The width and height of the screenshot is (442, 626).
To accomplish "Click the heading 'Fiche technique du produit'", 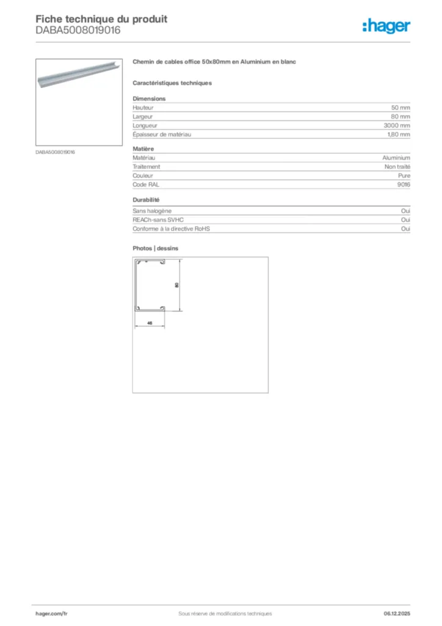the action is (101, 19).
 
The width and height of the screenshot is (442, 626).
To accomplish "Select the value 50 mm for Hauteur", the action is (400, 108).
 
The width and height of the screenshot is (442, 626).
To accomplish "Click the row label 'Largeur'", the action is (143, 116).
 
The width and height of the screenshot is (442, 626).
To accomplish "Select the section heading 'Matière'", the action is (143, 149).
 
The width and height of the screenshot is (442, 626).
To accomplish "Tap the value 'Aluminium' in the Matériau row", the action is (396, 158).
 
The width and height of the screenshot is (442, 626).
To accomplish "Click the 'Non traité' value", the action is (397, 166).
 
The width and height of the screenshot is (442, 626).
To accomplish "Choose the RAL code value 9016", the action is (404, 184).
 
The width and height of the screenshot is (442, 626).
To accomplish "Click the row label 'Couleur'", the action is (143, 175).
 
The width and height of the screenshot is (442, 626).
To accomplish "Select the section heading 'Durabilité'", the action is (146, 200).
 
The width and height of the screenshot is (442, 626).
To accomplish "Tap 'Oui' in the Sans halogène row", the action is (405, 211).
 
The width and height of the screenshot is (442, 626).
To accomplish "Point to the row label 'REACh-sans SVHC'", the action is (158, 219).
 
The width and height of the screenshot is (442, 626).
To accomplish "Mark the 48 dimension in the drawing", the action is (150, 322).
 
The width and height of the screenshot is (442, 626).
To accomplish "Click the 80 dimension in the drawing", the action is (176, 285).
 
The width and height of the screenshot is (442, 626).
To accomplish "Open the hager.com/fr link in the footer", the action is (51, 613).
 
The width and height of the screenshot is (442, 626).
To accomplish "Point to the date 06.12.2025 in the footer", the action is (397, 613).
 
